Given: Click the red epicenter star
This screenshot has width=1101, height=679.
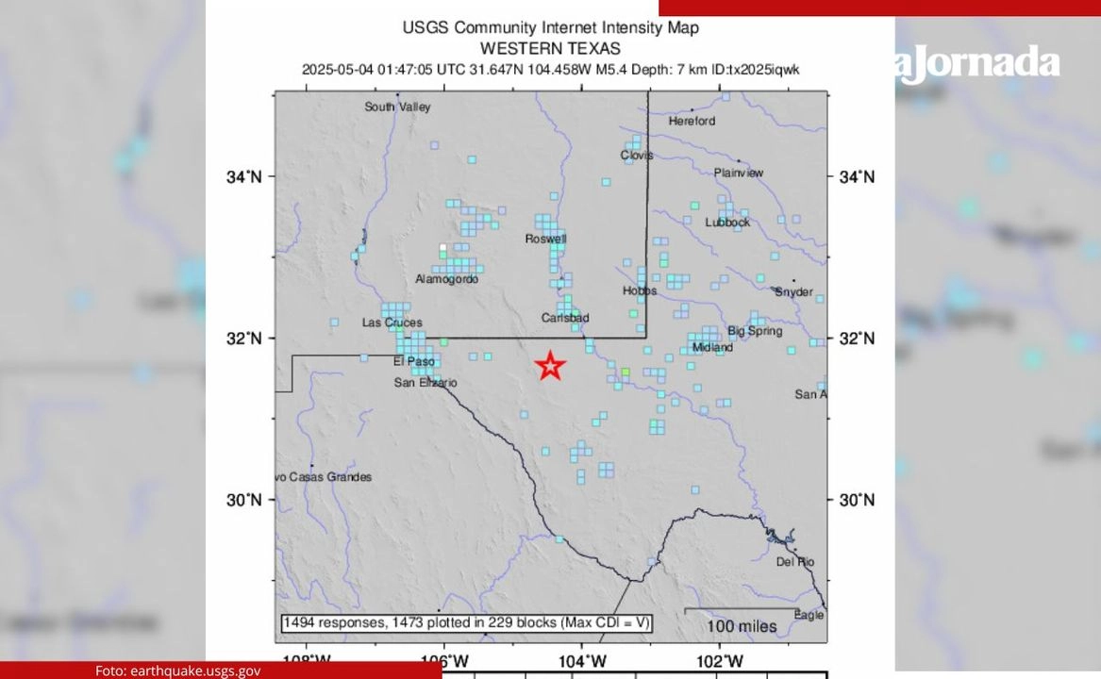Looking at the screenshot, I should click(550, 365).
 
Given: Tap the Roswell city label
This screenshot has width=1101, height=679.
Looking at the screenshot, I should click(546, 239).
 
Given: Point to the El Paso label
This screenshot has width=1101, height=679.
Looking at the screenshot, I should click(412, 360).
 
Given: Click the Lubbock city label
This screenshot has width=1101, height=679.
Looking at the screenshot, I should click(727, 223).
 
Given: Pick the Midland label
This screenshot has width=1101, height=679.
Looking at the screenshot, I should click(712, 347).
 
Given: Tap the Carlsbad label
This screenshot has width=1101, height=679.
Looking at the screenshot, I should click(565, 318).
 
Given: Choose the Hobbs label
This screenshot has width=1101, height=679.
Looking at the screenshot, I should click(640, 290).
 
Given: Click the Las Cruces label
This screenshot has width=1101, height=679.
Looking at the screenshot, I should click(392, 323).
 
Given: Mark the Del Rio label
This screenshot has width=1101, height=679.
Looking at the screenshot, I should click(794, 561).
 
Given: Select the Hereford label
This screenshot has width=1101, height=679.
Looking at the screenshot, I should click(692, 121).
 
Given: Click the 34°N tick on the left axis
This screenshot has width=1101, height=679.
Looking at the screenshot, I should click(244, 176).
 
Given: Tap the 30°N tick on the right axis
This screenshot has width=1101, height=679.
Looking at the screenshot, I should click(856, 500).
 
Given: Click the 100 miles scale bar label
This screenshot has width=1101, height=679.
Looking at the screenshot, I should click(742, 626).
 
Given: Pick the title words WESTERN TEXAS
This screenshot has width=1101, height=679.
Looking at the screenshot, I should click(550, 48).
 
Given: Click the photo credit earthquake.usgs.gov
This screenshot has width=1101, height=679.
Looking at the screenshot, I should click(177, 671).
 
